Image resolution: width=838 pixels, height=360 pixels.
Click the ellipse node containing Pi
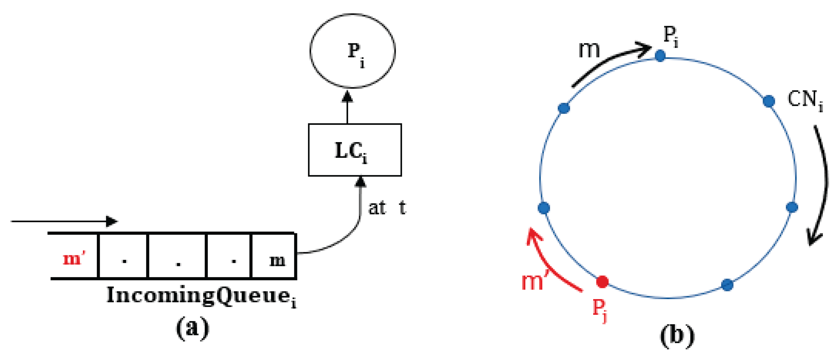(353, 51)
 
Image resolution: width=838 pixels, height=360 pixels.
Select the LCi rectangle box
(355, 150)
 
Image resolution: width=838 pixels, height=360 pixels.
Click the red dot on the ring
(602, 282)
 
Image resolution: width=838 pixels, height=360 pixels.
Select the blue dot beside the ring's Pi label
(660, 56)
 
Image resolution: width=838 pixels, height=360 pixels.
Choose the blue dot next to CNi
(769, 101)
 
